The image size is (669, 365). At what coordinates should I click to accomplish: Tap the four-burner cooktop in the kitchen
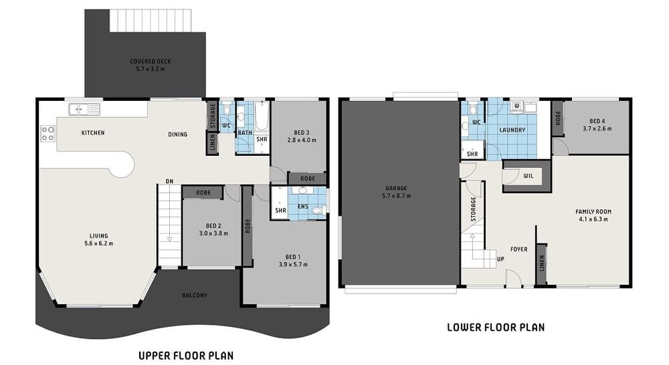pos(47,133)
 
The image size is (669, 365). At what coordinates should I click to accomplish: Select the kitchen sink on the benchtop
pos(84,109)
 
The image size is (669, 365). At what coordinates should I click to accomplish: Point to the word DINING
pos(177,134)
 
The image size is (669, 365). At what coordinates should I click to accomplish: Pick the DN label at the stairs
pos(170,181)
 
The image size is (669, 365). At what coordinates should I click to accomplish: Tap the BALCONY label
pos(195,295)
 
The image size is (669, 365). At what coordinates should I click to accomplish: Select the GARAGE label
pos(396,192)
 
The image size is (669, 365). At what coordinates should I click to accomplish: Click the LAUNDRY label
pos(512,130)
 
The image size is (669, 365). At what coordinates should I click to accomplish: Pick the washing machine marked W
pos(516,106)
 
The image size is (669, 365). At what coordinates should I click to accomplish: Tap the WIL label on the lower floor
pos(528,176)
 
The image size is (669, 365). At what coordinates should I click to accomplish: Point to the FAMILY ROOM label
pos(593,215)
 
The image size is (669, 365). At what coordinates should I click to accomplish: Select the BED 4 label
pos(597,124)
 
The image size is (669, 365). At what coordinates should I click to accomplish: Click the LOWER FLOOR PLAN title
pos(495,328)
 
